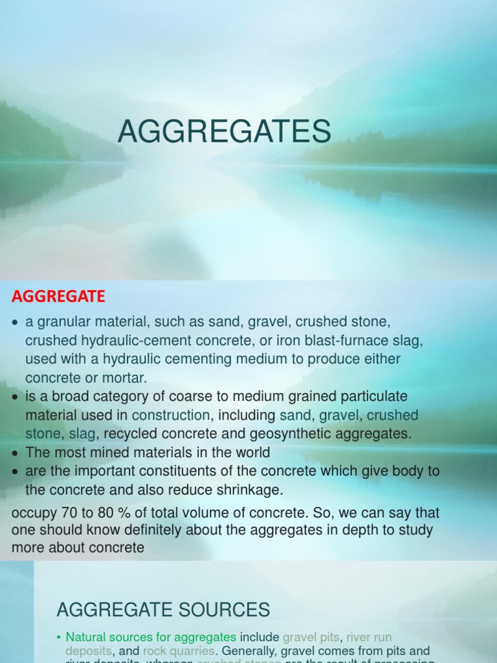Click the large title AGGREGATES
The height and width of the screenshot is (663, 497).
click(x=224, y=131)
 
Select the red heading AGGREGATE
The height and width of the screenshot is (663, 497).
click(x=58, y=296)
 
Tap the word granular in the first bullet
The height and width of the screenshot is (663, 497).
click(x=64, y=322)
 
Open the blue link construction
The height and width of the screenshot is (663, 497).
click(x=171, y=415)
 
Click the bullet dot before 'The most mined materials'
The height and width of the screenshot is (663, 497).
click(x=15, y=453)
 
